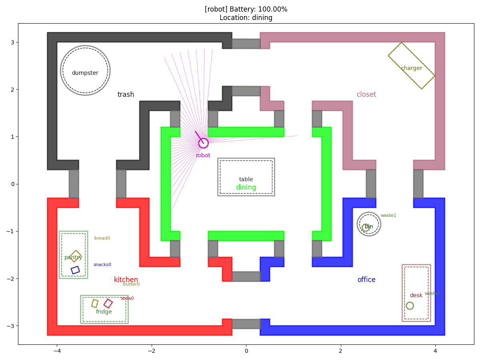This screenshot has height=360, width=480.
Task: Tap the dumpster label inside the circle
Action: [x=85, y=73]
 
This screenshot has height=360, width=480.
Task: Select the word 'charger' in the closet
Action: [x=412, y=68]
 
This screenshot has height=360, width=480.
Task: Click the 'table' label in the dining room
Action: [x=246, y=179]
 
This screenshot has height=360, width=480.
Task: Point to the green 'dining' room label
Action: [x=246, y=187]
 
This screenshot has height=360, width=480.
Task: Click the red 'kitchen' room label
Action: [x=126, y=279]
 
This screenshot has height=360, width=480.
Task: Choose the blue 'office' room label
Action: [x=366, y=279]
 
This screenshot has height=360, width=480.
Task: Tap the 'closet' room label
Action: [x=366, y=94]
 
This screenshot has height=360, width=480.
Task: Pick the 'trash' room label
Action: [x=126, y=94]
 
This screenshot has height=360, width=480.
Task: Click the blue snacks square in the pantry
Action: [x=75, y=270]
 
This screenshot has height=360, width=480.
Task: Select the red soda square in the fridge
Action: [x=108, y=303]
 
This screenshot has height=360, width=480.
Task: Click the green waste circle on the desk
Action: [x=410, y=306]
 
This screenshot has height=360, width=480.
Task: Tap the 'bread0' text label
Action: [x=102, y=238]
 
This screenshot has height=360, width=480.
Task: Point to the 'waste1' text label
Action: [x=388, y=215]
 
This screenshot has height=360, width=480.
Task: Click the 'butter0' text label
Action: [x=132, y=284]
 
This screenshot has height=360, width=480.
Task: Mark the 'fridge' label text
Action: [x=104, y=312]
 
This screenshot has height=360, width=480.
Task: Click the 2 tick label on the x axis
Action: [x=340, y=351]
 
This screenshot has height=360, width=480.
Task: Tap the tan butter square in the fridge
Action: [x=95, y=303]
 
